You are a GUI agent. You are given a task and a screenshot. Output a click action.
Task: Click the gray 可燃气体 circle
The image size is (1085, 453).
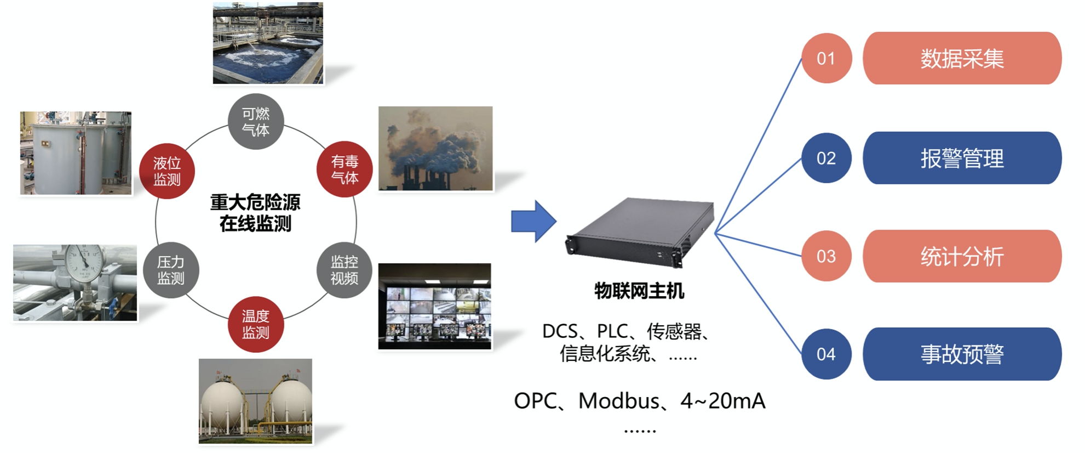click(256, 122)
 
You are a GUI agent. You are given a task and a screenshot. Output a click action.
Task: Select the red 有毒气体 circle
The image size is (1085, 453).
click(345, 169)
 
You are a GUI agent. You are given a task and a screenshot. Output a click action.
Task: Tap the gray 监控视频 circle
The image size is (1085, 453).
click(345, 270)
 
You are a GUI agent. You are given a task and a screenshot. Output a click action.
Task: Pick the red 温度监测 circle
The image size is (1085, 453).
click(256, 324)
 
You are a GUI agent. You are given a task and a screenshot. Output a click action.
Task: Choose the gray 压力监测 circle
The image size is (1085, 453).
click(171, 270)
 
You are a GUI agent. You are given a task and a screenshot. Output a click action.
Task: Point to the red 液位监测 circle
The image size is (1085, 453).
click(167, 171)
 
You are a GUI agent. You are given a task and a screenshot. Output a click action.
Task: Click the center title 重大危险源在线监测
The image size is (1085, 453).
click(255, 213)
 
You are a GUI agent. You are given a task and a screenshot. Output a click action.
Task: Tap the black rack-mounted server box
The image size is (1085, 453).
click(640, 231)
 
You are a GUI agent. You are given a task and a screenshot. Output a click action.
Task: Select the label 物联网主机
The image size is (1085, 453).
click(639, 291)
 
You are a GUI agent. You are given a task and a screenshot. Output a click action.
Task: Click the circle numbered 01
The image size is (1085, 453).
click(826, 58)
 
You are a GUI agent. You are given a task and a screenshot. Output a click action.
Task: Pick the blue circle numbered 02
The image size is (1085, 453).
click(826, 158)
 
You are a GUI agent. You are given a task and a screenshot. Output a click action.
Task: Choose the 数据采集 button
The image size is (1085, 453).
click(962, 58)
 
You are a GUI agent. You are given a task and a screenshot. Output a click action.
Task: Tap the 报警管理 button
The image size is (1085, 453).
click(962, 158)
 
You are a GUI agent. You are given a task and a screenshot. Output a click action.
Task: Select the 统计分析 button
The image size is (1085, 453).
click(962, 256)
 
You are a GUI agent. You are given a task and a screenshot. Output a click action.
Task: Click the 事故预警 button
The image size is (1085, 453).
click(962, 354)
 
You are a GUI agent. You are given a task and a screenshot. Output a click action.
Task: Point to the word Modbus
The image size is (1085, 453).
click(618, 401)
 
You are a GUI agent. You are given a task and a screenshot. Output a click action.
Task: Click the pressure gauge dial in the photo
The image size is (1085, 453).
click(84, 262)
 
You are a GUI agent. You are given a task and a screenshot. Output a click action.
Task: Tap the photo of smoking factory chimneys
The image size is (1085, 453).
click(435, 148)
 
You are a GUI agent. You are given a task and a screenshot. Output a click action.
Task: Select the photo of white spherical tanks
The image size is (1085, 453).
click(255, 401)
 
